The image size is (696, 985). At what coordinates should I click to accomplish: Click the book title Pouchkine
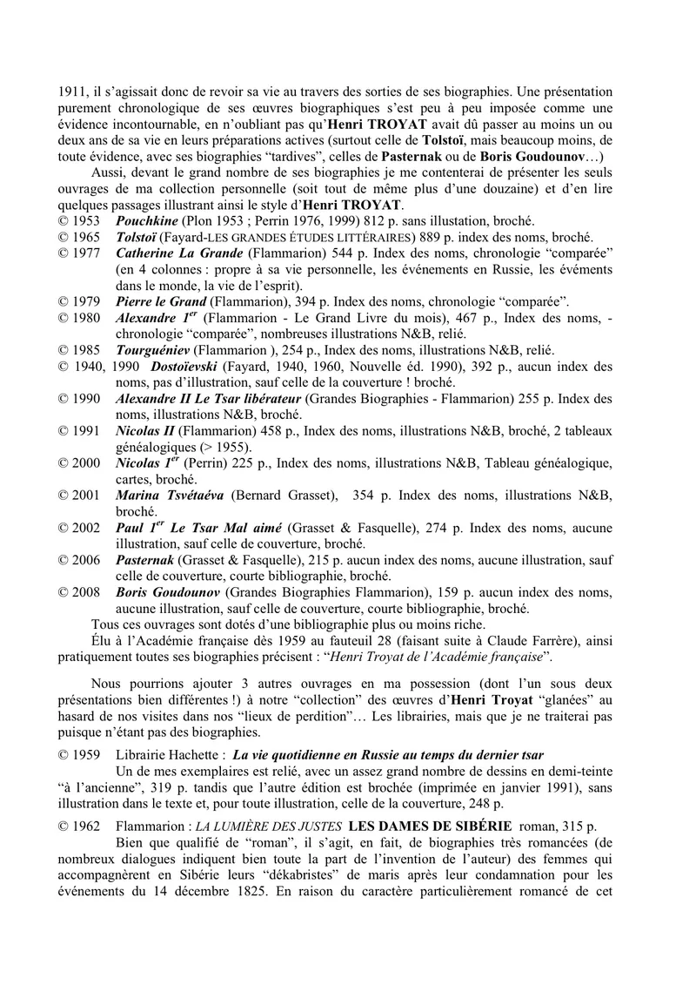coord(149,222)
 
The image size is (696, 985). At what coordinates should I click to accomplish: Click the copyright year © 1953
coord(80,222)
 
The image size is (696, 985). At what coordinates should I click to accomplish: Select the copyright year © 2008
coord(80,592)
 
